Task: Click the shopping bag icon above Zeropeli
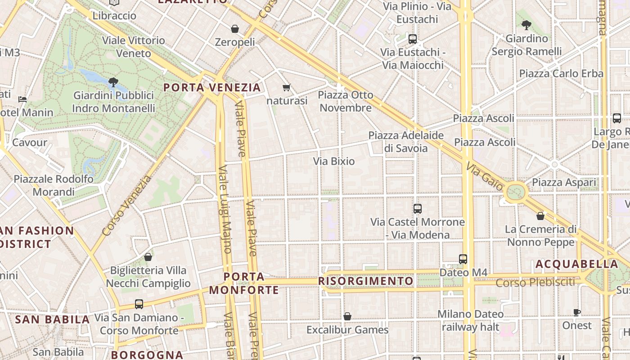(234, 29)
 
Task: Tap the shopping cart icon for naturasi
(286, 87)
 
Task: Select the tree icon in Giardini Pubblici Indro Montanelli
(113, 82)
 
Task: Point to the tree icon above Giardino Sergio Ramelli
(526, 25)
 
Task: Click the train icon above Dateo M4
(463, 259)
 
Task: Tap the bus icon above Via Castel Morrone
(418, 209)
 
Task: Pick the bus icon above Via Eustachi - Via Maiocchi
(413, 39)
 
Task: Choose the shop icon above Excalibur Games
(347, 317)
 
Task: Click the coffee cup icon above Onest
(576, 312)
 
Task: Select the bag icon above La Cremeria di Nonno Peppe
(540, 216)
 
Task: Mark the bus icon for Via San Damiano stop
(139, 304)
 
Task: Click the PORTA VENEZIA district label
(212, 87)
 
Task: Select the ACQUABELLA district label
(577, 264)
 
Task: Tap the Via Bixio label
(334, 161)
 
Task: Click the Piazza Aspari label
(564, 182)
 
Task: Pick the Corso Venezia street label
(127, 206)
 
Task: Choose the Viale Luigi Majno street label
(225, 209)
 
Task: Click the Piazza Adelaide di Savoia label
(406, 142)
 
